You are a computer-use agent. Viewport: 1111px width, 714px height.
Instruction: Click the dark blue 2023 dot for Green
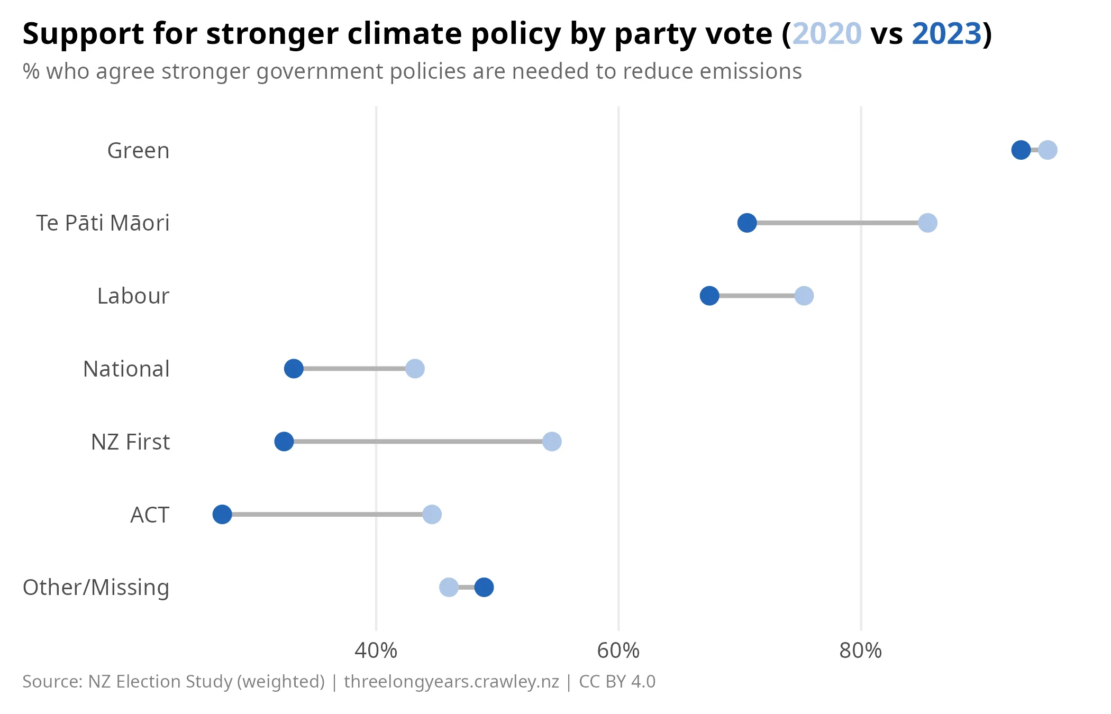coord(1021,150)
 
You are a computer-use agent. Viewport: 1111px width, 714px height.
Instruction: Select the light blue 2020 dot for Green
coord(1048,150)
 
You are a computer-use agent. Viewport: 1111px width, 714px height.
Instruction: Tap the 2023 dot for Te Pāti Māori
coord(746,223)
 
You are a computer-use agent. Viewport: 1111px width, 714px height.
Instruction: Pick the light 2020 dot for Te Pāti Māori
coord(927,223)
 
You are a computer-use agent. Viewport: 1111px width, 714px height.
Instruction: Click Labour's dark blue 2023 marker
coord(709,296)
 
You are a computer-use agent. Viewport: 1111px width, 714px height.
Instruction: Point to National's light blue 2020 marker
coord(415,369)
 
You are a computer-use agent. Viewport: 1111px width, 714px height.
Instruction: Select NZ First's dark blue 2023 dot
coord(284,442)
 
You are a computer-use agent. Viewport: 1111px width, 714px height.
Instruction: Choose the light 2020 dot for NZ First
coord(552,442)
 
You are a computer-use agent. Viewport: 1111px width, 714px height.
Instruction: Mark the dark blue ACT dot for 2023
coord(222,514)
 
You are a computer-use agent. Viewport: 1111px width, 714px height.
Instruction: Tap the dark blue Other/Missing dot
coord(484,587)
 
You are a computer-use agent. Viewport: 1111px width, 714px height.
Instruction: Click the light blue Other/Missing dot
coord(449,587)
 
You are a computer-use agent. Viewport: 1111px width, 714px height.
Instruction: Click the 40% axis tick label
coord(376,651)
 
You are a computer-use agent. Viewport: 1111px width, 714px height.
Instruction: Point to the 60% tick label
coord(618,651)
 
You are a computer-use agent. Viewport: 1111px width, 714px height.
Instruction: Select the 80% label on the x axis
coord(860,651)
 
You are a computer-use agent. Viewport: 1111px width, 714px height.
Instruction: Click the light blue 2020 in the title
coord(827,34)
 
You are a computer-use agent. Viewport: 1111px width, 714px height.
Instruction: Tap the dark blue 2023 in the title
coord(946,34)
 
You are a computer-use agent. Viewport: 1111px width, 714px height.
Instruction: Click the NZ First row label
coord(130,442)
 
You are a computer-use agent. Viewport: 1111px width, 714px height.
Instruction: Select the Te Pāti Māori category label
coord(103,223)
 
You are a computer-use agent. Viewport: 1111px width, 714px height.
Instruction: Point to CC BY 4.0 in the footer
coord(617,682)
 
